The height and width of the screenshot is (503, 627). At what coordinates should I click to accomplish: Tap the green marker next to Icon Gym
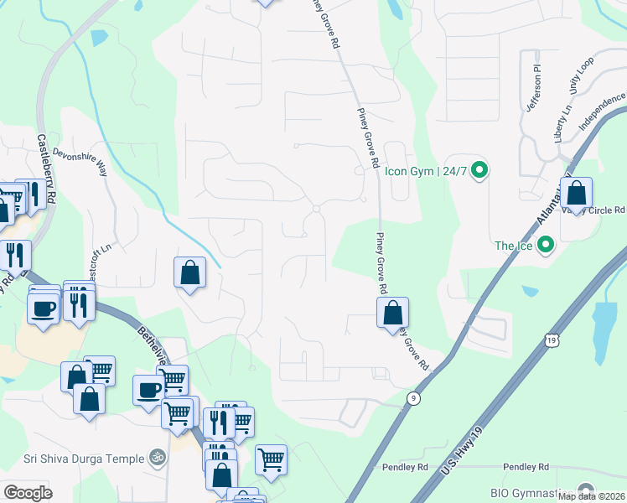pos(479,171)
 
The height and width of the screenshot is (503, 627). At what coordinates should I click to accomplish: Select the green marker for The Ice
pos(546,246)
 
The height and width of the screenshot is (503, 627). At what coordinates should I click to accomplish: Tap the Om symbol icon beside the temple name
pos(154,458)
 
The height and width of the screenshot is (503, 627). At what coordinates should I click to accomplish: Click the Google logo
pos(28,492)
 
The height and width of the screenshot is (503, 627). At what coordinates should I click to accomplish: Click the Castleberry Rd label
pos(46,169)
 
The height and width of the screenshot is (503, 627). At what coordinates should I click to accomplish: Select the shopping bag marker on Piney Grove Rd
pos(392,314)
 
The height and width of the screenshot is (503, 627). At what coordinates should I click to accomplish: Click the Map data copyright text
pos(591,496)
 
